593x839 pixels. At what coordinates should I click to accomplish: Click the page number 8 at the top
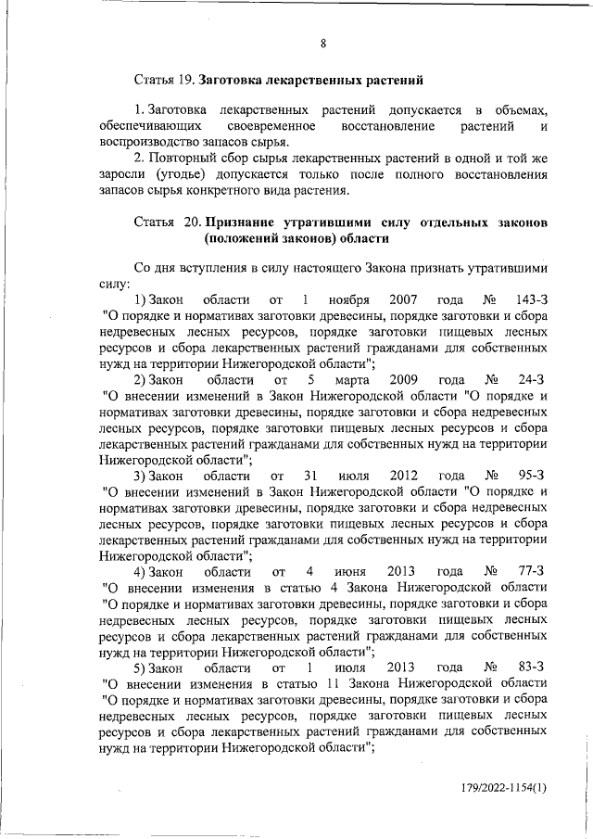point(323,43)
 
